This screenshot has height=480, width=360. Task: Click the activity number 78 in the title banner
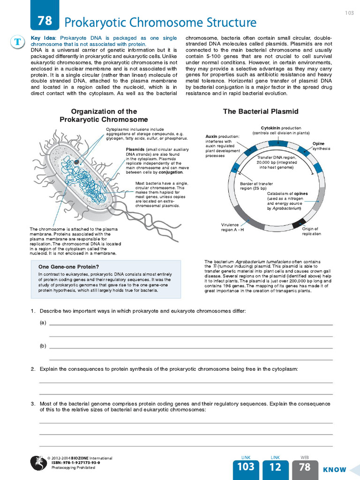(45, 21)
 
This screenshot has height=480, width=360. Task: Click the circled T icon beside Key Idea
(17, 42)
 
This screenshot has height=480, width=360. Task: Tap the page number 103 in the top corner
(349, 13)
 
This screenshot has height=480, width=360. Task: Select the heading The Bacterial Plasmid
(260, 112)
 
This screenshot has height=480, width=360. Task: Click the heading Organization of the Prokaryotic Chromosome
(104, 115)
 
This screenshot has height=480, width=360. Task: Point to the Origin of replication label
(311, 231)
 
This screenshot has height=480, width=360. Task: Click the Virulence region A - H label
(233, 227)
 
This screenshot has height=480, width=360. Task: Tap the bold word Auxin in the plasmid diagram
(212, 136)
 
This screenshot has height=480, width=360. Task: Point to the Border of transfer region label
(256, 186)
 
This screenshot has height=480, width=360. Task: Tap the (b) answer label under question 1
(43, 346)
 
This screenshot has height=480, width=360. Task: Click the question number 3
(33, 404)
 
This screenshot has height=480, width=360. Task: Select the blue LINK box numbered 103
(246, 467)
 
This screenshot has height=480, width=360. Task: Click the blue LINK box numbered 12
(275, 467)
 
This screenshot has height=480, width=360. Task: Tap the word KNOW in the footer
(334, 469)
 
